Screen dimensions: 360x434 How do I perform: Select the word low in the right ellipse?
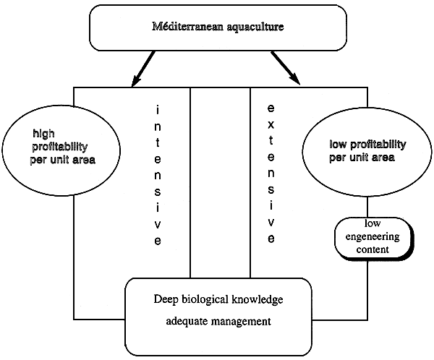[x=330, y=145]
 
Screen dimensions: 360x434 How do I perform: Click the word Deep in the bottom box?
[x=168, y=299]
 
